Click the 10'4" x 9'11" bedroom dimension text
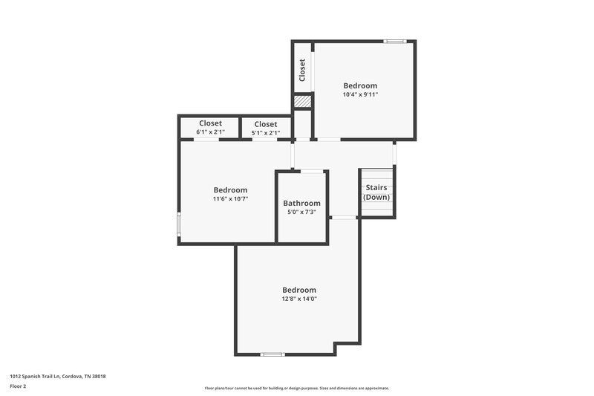(359, 95)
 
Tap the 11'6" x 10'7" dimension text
(230, 199)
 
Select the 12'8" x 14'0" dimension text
(298, 299)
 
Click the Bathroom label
(301, 203)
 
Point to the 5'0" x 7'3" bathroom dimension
(301, 212)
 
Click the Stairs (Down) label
(377, 192)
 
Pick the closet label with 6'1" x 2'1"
(210, 123)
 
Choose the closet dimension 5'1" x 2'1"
(265, 133)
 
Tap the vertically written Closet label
(302, 71)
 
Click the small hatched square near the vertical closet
(301, 102)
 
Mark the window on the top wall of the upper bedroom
(394, 41)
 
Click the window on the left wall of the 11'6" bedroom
(178, 226)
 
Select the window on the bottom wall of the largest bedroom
(272, 354)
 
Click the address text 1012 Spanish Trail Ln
(58, 376)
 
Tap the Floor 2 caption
(18, 386)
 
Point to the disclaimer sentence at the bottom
(296, 388)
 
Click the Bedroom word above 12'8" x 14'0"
(298, 290)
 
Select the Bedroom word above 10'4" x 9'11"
(359, 85)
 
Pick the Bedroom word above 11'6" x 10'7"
(230, 190)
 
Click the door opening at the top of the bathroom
(313, 172)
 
